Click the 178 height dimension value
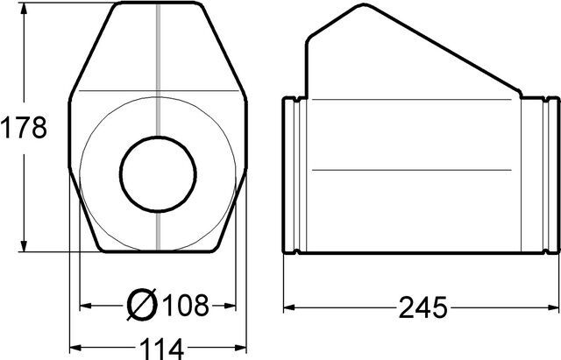[24, 128]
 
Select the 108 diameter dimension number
[186, 306]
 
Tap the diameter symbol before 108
[142, 304]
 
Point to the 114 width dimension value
[161, 349]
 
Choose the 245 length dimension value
[423, 307]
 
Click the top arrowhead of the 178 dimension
[24, 9]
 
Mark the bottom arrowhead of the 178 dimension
[24, 246]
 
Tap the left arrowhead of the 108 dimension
[86, 306]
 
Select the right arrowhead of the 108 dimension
[230, 306]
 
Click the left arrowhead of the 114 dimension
[75, 347]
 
